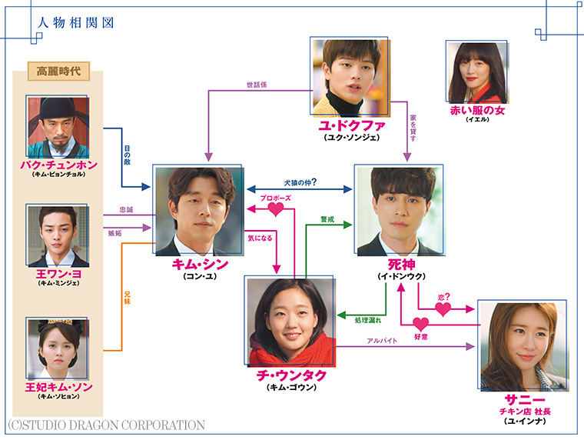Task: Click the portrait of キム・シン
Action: pyautogui.click(x=197, y=209)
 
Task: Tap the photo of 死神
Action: pyautogui.click(x=399, y=209)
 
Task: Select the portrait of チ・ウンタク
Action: pyautogui.click(x=290, y=320)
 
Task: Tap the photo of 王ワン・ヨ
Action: pyautogui.click(x=58, y=235)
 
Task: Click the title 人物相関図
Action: pyautogui.click(x=75, y=22)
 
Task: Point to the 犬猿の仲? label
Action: pyautogui.click(x=299, y=183)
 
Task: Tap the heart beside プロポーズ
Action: pyautogui.click(x=275, y=209)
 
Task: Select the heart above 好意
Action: pyautogui.click(x=421, y=324)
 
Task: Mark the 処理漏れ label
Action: pyautogui.click(x=369, y=318)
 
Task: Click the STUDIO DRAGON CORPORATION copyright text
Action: pyautogui.click(x=106, y=425)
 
